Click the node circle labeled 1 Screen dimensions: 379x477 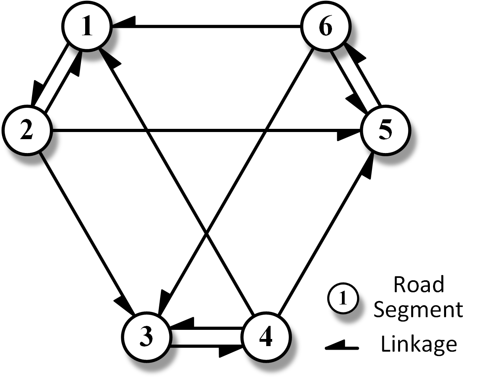[88, 27]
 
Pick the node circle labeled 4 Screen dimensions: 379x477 [266, 337]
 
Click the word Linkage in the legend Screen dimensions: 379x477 [419, 343]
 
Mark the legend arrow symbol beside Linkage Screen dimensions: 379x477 [342, 346]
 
